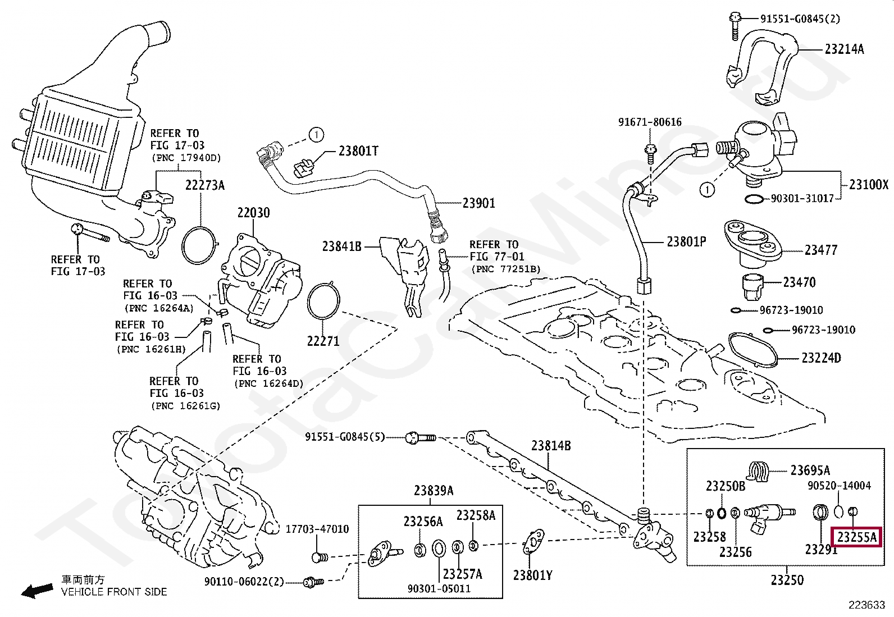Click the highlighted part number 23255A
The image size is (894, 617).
coord(856,538)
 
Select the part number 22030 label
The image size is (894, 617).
coord(253,213)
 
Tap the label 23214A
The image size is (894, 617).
coord(844,49)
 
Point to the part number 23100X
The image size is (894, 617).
coord(868,185)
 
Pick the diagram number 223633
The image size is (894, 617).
coord(866,605)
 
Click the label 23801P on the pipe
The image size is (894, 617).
coord(686,242)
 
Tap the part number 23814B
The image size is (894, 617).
coord(551,446)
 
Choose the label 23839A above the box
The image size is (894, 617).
coord(434,491)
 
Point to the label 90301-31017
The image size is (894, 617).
coord(802,199)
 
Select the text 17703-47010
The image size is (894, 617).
coord(317,529)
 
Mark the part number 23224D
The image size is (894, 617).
coord(821,358)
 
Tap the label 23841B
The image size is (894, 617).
coord(342,246)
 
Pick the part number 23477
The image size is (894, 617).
coord(820,250)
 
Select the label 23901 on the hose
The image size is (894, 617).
coord(478,203)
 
